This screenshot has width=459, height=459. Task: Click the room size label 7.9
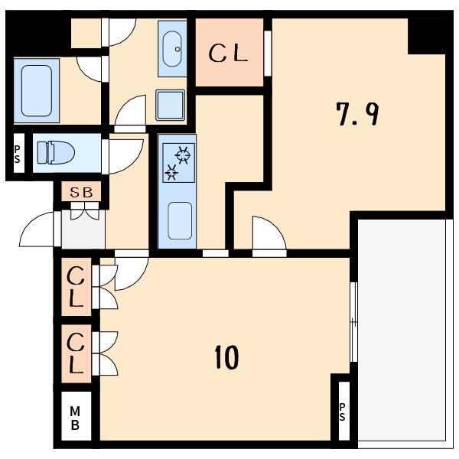pos(357,114)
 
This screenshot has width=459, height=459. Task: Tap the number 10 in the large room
pos(226,356)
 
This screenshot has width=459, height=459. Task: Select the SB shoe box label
pos(81,192)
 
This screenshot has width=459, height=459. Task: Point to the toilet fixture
pos(56,152)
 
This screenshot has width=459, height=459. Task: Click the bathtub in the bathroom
pos(37,90)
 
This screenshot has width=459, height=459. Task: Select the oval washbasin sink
pos(172,49)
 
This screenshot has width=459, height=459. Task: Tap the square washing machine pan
pos(171,105)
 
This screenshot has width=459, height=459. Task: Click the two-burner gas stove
pos(178,163)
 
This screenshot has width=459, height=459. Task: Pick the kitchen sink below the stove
pos(180,220)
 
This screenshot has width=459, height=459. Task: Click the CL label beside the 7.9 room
pos(228,53)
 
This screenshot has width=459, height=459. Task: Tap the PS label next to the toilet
pos(18,155)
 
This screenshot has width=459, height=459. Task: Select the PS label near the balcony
pos(342,412)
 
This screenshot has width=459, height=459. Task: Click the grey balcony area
pos(402,334)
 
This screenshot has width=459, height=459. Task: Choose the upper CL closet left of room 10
pos(76,287)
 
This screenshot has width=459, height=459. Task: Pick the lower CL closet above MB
pos(76,353)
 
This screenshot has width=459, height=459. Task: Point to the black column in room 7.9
pos(427,36)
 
